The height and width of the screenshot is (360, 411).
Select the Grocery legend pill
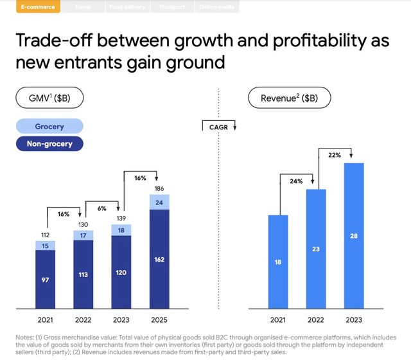(49, 127)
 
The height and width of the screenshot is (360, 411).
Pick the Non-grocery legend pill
(49, 143)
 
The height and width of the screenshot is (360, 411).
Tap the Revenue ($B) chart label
(290, 99)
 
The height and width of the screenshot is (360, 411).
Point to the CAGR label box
(219, 127)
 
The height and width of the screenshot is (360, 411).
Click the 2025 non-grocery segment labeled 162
(159, 259)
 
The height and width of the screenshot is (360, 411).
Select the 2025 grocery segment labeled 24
(159, 203)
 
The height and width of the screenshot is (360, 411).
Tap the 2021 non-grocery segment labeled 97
(46, 281)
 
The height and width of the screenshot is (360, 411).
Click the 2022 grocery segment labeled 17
(83, 235)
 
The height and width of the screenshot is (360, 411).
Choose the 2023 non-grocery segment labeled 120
(121, 273)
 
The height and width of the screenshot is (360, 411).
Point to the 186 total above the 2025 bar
(159, 188)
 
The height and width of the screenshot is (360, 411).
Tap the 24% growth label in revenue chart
(296, 182)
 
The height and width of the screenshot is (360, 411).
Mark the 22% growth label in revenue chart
(335, 155)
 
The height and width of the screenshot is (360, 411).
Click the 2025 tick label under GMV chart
(159, 319)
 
